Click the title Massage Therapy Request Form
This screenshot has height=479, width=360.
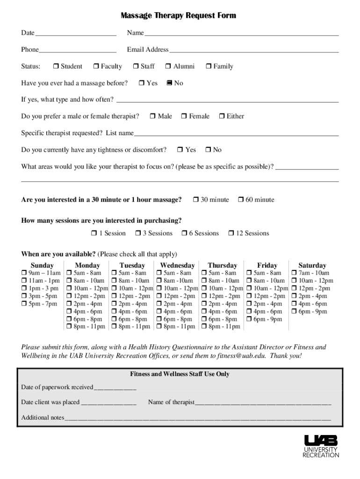click(178, 16)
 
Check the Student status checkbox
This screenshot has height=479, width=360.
click(56, 66)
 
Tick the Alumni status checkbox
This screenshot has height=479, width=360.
click(169, 66)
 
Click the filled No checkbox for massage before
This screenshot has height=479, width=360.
click(169, 83)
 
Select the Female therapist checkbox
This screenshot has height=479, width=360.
click(184, 116)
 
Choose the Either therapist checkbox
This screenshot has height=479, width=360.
click(222, 116)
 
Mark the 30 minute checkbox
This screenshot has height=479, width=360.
click(196, 200)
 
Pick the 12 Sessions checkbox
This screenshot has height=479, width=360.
click(231, 233)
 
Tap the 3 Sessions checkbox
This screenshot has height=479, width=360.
click(138, 233)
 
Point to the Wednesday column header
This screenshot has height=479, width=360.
click(177, 265)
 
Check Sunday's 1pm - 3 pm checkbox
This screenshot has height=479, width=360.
click(24, 289)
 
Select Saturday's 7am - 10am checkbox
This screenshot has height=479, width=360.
click(294, 273)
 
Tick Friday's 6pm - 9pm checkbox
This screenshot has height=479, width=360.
click(249, 319)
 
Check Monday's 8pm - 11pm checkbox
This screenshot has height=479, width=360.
click(69, 327)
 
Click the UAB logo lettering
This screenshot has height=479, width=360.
click(321, 441)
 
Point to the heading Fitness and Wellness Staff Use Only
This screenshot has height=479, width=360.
click(180, 374)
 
